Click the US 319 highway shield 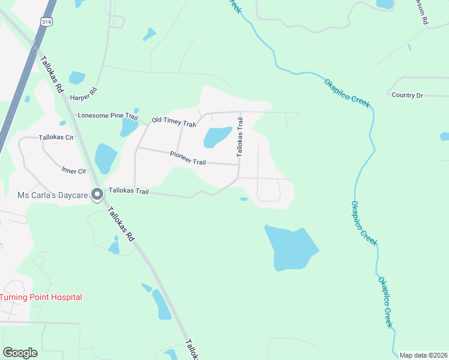point(46,22)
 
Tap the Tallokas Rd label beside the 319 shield point(52,74)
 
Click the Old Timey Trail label point(174,122)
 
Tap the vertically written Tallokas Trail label point(241,137)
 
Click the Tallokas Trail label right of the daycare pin point(128,191)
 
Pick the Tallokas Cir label point(56,137)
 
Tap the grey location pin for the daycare point(97,194)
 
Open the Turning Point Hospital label point(41,297)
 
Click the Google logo point(20,353)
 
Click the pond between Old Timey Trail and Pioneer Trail point(217,136)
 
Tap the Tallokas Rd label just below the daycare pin point(121,224)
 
